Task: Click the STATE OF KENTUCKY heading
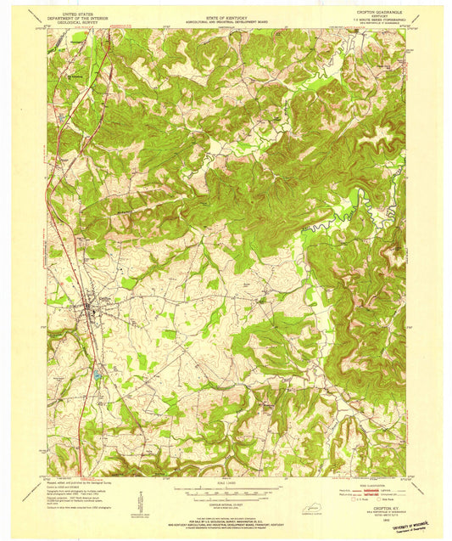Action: point(226,14)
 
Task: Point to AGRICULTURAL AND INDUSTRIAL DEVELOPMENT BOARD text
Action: point(226,19)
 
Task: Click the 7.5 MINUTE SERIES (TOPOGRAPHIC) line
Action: point(371,21)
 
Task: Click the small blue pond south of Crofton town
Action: point(97,374)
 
